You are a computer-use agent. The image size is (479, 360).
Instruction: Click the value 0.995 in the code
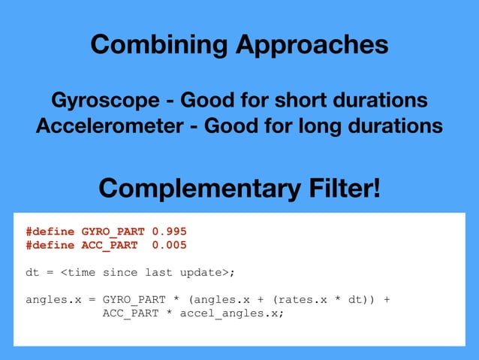click(169, 231)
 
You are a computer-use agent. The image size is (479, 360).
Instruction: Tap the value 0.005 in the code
click(169, 245)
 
